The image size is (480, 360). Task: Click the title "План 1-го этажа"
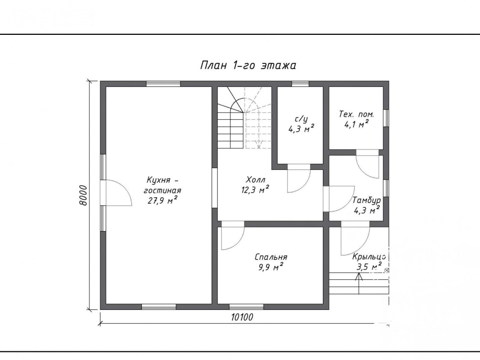click(248, 65)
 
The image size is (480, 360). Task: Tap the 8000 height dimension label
click(83, 195)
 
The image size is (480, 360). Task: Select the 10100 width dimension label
click(242, 317)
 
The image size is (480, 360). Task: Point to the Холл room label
click(256, 180)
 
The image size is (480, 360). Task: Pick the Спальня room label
click(271, 257)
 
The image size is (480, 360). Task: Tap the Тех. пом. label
click(356, 115)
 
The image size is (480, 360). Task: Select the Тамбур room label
click(366, 201)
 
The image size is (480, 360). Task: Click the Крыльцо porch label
click(369, 257)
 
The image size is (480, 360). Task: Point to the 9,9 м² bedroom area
click(271, 267)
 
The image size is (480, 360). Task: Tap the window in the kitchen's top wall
click(163, 84)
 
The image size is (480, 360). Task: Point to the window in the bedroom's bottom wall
click(246, 307)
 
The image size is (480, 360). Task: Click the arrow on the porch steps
click(359, 283)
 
